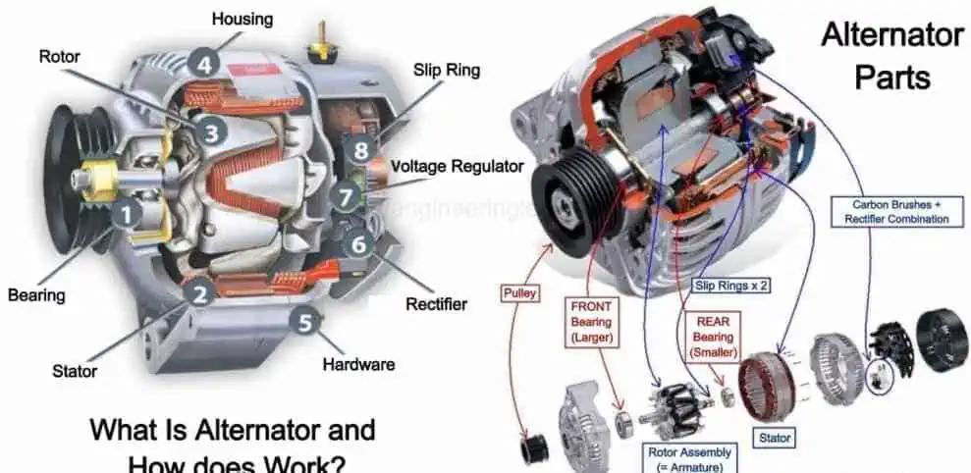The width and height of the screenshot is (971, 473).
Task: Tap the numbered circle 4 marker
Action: [x=204, y=66]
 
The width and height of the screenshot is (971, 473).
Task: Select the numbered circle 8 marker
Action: [x=361, y=151]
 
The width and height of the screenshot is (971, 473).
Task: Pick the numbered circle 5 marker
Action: [x=306, y=320]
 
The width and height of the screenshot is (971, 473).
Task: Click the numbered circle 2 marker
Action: [x=199, y=290]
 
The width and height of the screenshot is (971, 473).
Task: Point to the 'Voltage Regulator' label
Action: [x=457, y=167]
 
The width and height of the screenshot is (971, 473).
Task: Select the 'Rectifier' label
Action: [x=436, y=304]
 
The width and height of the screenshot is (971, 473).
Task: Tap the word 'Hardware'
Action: [x=358, y=364]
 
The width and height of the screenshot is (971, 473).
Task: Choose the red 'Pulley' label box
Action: [x=519, y=292]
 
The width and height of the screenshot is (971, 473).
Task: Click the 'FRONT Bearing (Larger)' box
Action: [x=591, y=322]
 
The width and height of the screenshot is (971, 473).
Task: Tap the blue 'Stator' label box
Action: [x=775, y=437]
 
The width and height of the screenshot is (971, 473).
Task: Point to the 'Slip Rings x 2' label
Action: [x=730, y=286]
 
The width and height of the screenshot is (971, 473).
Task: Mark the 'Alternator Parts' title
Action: [x=891, y=56]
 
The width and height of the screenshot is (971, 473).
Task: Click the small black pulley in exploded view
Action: [x=535, y=447]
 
